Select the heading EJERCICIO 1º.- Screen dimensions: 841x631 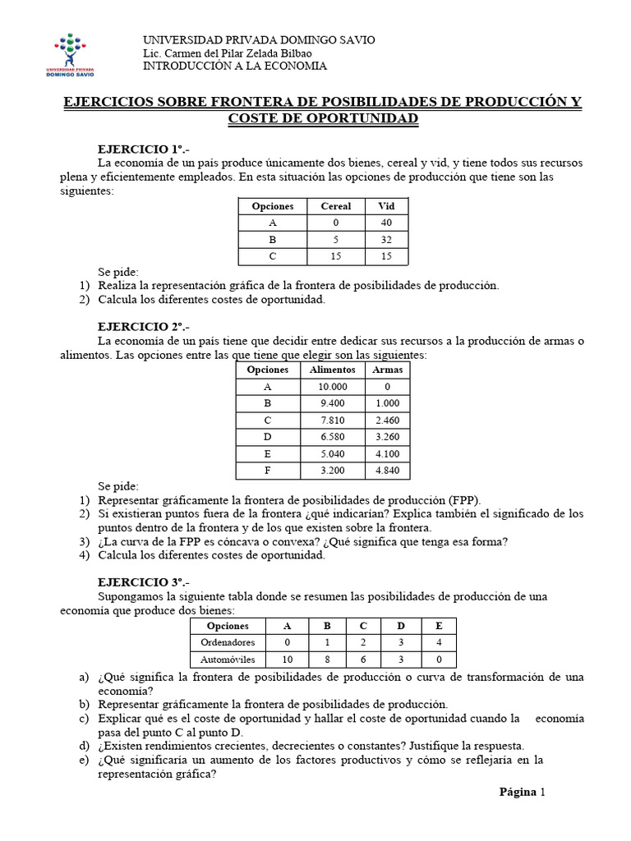click(x=143, y=149)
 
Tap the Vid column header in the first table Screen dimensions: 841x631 click(x=386, y=206)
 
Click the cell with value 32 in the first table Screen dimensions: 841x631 click(x=386, y=239)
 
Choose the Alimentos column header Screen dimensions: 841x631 click(x=331, y=370)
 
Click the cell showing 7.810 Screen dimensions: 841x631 click(x=331, y=420)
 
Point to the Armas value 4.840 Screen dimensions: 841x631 click(x=387, y=471)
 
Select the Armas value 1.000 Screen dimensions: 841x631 click(x=387, y=403)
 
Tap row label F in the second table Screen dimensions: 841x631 click(x=267, y=471)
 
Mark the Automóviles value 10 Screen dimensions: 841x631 click(x=287, y=659)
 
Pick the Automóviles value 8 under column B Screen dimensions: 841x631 click(x=327, y=659)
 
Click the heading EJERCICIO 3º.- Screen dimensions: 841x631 click(x=143, y=582)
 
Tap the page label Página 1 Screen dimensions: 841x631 click(x=522, y=792)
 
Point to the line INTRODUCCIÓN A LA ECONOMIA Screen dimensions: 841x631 click(x=235, y=66)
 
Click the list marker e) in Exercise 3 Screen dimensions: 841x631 click(x=84, y=760)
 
